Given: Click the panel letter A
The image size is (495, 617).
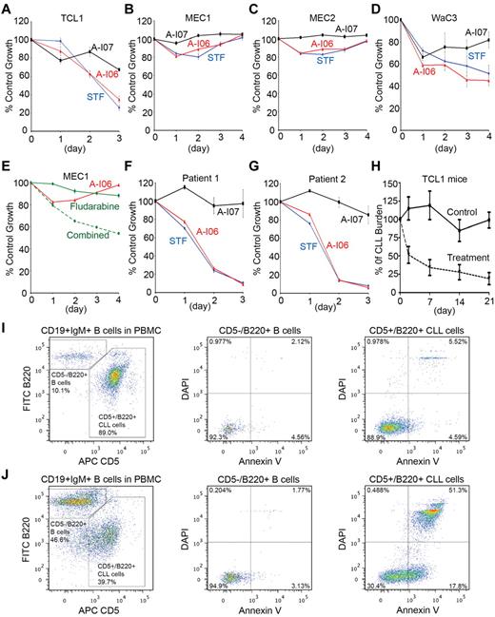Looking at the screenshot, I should click(7, 8).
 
